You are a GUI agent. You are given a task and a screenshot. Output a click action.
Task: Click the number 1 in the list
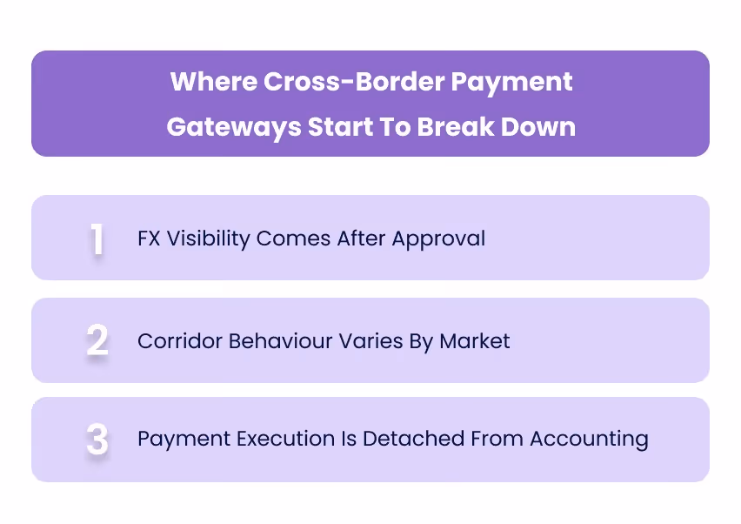(x=97, y=239)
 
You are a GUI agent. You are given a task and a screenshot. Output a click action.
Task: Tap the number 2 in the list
(x=97, y=340)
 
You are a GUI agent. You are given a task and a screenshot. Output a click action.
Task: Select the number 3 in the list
(x=97, y=440)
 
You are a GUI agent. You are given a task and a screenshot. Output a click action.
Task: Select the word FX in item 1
(x=150, y=238)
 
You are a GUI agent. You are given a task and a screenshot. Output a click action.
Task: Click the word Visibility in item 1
(x=207, y=238)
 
